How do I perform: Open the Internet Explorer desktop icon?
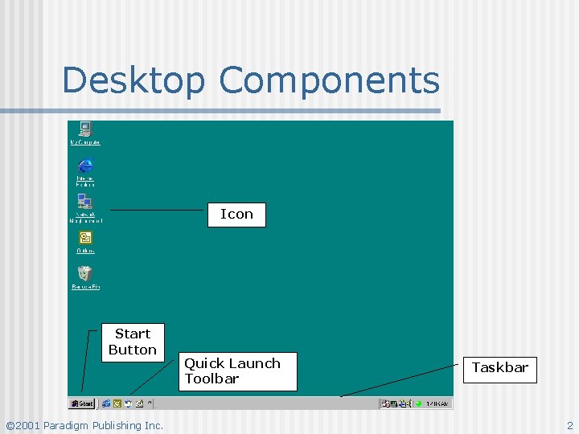click(x=84, y=166)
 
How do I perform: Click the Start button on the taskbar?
click(x=82, y=403)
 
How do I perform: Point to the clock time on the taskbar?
click(x=437, y=403)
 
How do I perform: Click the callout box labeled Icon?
click(x=236, y=214)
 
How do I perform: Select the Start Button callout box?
click(x=133, y=342)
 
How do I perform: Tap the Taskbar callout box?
click(x=500, y=368)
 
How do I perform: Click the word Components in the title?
click(x=330, y=80)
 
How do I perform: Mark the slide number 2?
click(x=569, y=425)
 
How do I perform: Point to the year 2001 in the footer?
click(x=27, y=425)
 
